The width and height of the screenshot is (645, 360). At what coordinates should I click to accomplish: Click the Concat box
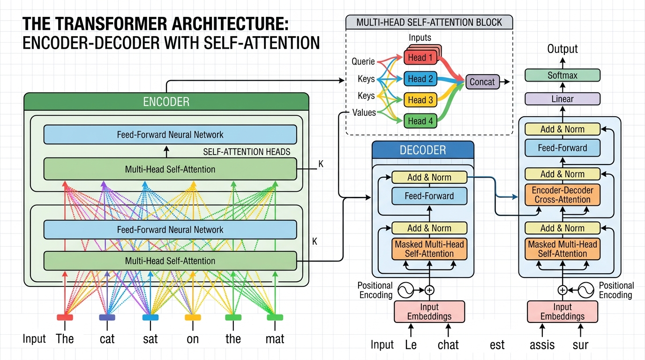[x=482, y=82]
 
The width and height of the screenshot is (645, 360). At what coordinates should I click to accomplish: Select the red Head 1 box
[x=421, y=58]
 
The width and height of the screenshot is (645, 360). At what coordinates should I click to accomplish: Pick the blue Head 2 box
[x=420, y=79]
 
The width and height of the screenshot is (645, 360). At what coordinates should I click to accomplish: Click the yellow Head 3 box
[x=420, y=100]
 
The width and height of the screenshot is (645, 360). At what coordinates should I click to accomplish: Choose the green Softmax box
[x=562, y=75]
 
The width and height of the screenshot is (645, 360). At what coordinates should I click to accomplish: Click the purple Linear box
[x=562, y=99]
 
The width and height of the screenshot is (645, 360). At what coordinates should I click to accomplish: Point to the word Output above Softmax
[x=562, y=49]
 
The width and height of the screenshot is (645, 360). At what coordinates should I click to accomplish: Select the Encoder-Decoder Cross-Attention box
[x=562, y=195]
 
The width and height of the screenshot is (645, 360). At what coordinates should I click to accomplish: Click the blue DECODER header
[x=423, y=150]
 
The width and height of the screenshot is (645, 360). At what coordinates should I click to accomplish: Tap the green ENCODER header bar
[x=166, y=102]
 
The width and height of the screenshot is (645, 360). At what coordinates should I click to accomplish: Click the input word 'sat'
[x=150, y=339]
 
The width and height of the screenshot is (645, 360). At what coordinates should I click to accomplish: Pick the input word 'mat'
[x=275, y=339]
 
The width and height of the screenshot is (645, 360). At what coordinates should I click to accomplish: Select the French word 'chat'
[x=448, y=345]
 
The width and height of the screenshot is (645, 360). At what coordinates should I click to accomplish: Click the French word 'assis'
[x=542, y=345]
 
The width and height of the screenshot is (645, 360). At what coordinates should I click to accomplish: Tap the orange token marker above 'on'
[x=193, y=317]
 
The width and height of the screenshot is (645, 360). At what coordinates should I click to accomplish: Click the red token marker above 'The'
[x=65, y=317]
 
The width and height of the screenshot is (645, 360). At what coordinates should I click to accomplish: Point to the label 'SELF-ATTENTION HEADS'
[x=247, y=152]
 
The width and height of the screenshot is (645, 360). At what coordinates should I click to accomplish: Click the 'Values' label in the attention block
[x=364, y=112]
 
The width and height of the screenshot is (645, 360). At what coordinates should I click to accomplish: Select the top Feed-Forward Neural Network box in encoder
[x=170, y=135]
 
